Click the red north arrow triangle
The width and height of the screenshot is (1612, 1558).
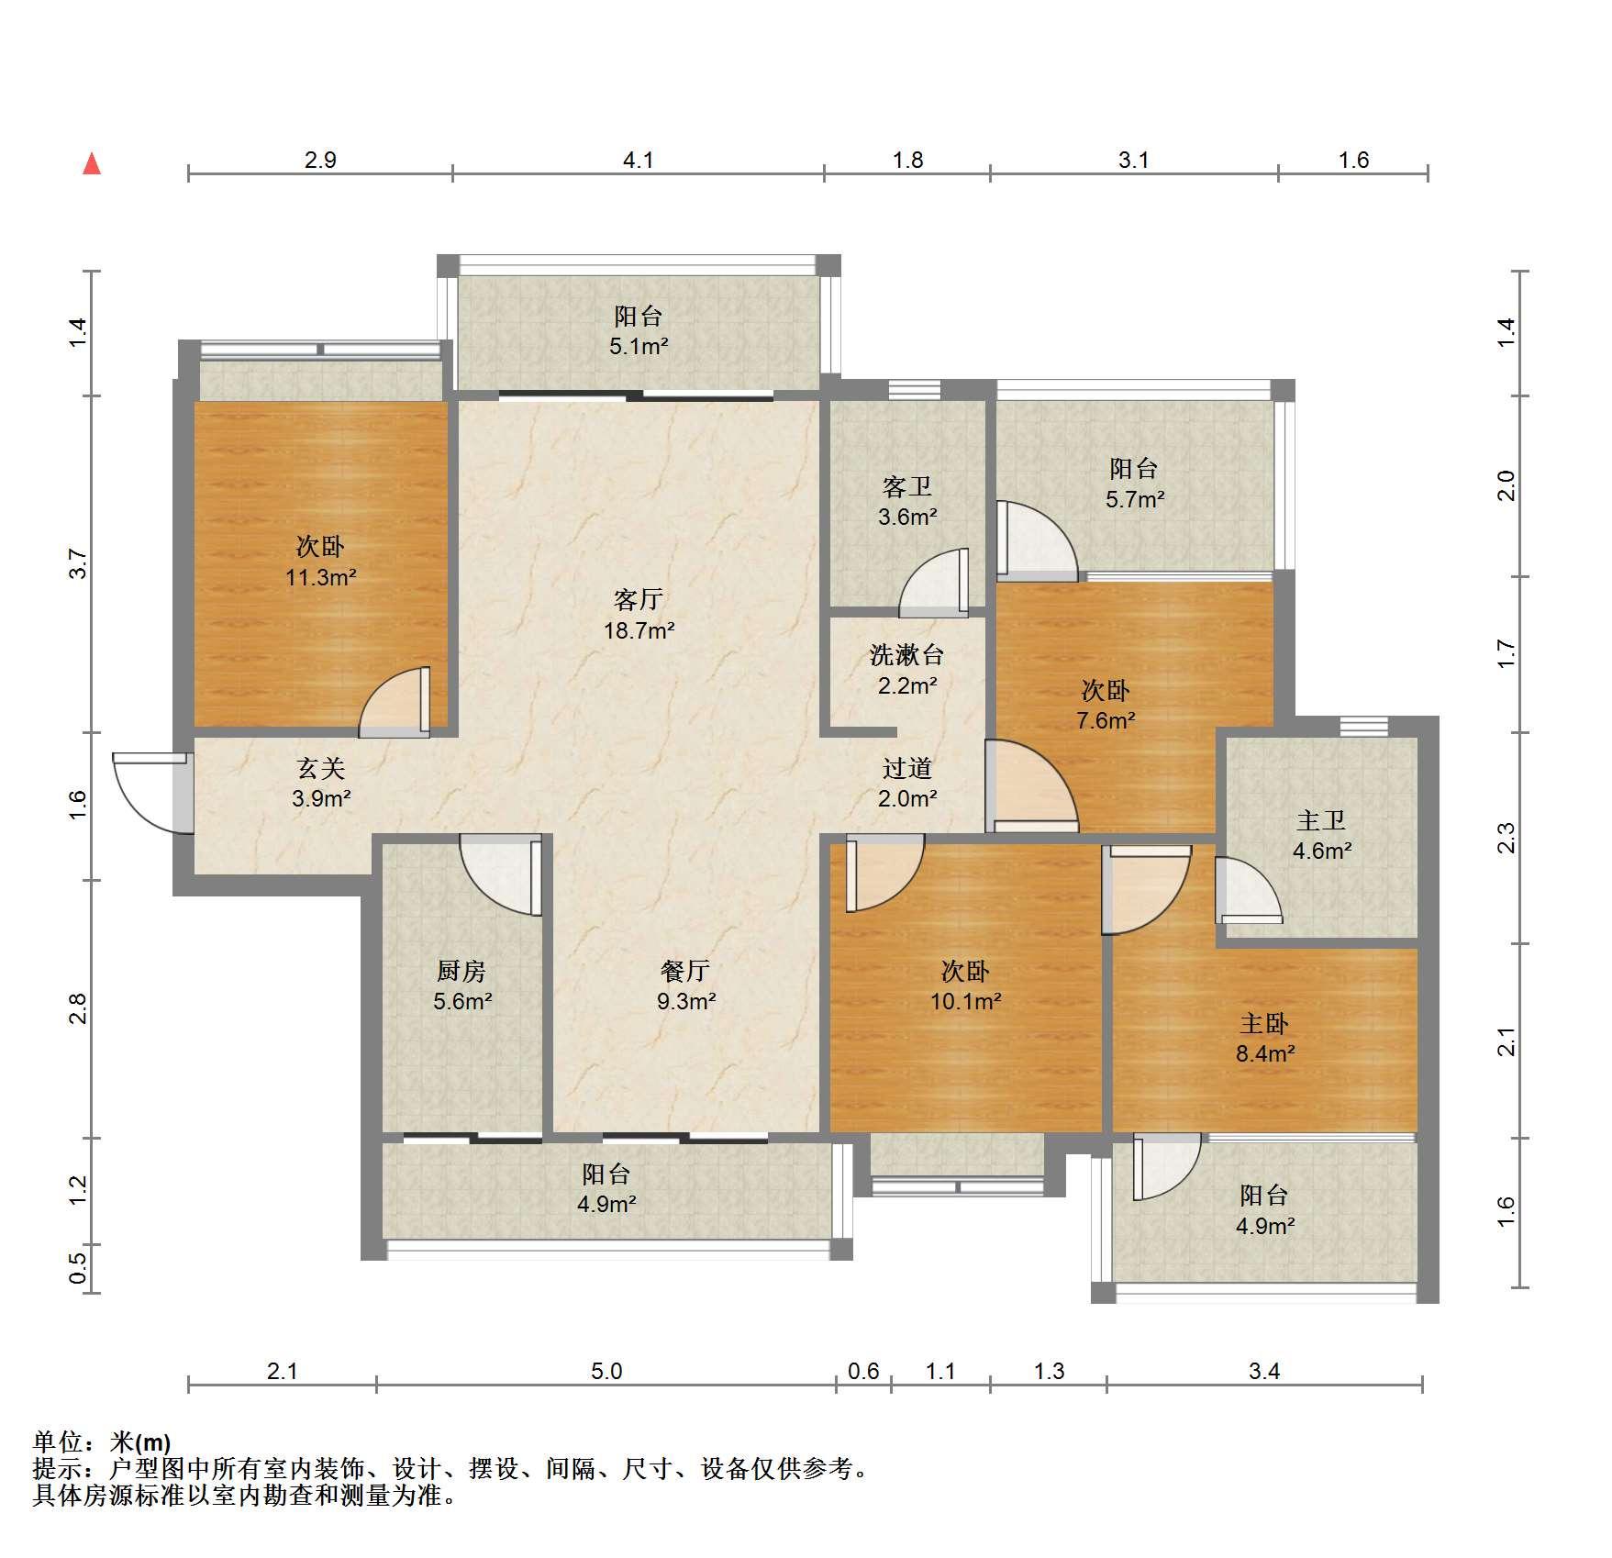[92, 164]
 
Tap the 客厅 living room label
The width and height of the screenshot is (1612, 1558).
[639, 600]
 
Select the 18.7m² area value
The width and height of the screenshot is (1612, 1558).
[639, 630]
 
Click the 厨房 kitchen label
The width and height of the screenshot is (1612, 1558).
[461, 971]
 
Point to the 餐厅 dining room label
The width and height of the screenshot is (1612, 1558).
[685, 971]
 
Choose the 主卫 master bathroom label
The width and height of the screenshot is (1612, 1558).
[1321, 820]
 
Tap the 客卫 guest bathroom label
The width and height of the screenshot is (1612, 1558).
[907, 486]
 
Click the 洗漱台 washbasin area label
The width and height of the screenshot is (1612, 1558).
[906, 655]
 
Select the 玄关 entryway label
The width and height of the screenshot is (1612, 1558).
[321, 768]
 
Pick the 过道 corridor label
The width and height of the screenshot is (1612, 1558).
[907, 768]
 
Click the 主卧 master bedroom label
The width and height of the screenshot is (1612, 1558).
[1264, 1023]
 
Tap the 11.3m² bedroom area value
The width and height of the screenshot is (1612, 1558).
[320, 577]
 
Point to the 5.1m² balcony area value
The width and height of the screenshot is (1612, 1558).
[639, 347]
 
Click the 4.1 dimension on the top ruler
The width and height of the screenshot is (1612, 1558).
[639, 161]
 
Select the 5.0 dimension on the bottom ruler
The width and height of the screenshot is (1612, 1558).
[606, 1372]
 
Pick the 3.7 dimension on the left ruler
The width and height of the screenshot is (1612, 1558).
[78, 563]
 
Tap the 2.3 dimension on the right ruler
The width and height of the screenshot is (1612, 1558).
[1506, 838]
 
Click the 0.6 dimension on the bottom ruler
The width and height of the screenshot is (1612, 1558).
[863, 1372]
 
